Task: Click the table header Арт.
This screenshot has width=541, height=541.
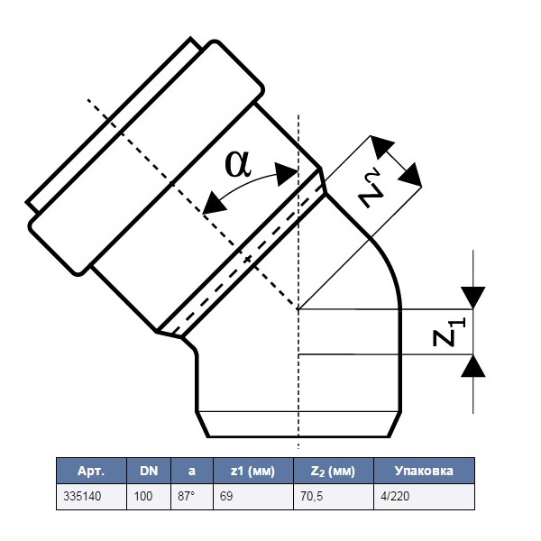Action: click(91, 471)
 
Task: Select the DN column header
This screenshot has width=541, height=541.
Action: click(148, 471)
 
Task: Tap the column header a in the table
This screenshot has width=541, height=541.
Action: click(190, 471)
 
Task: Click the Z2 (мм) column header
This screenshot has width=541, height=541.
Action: click(330, 471)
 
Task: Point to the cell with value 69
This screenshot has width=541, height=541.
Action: click(225, 496)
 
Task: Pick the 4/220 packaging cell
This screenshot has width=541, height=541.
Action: click(388, 496)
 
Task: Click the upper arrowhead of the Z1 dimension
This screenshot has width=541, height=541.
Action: click(472, 298)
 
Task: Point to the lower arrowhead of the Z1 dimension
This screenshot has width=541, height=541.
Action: click(472, 365)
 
